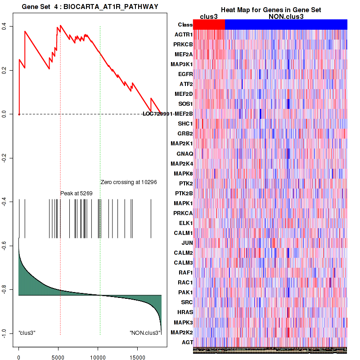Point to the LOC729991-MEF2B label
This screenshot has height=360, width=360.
click(168, 113)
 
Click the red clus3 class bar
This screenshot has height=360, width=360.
click(209, 25)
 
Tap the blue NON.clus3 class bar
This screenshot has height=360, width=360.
click(286, 25)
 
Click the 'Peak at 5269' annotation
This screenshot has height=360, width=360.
click(76, 193)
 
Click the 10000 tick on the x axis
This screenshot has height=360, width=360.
click(98, 354)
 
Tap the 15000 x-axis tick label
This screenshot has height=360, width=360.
click(137, 354)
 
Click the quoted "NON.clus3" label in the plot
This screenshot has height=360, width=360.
click(145, 333)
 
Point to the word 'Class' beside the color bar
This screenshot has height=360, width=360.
click(185, 25)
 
